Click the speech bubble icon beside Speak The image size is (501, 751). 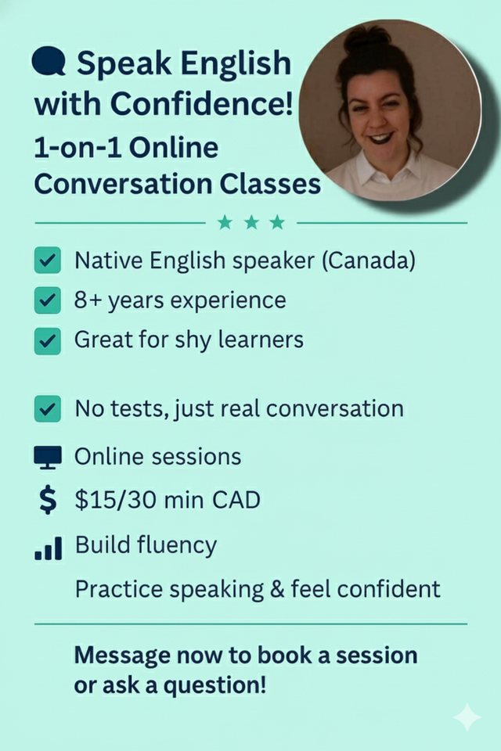49,62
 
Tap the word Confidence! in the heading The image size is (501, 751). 206,102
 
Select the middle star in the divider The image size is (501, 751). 251,223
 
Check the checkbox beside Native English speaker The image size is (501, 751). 48,261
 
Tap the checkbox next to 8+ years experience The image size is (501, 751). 48,300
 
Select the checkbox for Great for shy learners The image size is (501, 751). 48,340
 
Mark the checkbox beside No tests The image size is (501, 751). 48,409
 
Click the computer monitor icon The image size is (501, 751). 48,457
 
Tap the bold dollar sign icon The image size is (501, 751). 48,500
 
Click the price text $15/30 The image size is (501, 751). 118,500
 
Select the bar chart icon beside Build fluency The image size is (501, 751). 48,548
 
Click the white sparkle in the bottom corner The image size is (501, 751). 467,716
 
